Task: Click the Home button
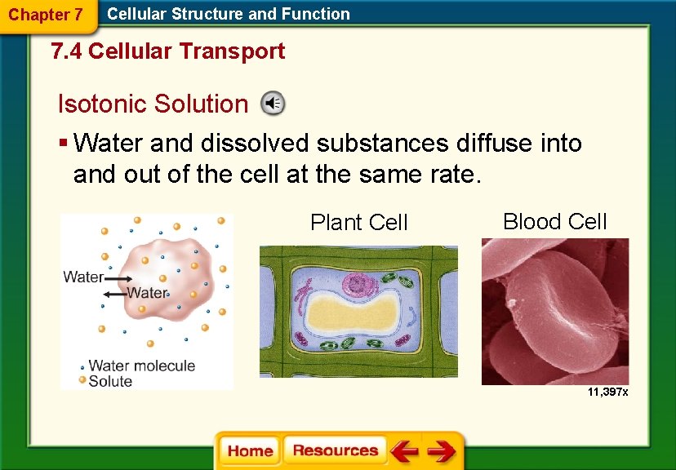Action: click(251, 451)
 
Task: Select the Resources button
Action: click(335, 451)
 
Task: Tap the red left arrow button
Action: click(403, 451)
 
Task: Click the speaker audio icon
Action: click(273, 104)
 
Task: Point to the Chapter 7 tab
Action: click(46, 15)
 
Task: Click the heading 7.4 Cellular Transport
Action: click(167, 51)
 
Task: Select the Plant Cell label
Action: click(358, 222)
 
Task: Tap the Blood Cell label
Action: click(554, 221)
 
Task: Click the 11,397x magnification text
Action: click(607, 392)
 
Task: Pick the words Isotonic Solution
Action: click(152, 104)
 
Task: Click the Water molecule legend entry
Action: click(141, 366)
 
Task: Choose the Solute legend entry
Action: click(110, 380)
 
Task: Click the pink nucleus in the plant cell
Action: click(358, 284)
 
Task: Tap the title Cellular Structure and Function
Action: click(229, 14)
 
